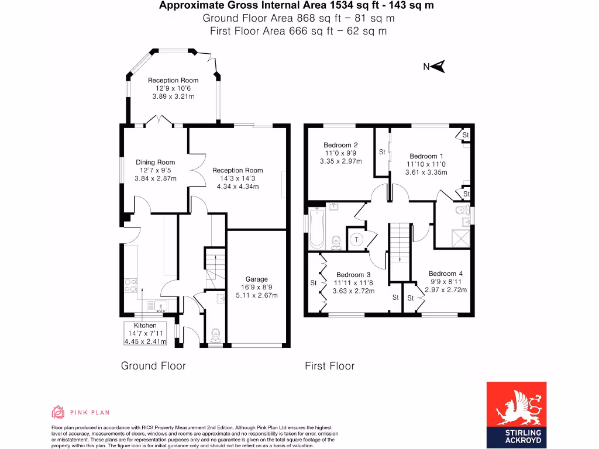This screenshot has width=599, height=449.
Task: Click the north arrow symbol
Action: click(x=437, y=67)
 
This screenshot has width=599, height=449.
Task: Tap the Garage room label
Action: click(x=256, y=279)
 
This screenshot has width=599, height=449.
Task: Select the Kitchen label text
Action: click(x=145, y=325)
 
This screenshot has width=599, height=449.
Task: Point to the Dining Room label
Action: click(x=155, y=163)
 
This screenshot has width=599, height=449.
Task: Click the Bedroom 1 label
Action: click(x=426, y=156)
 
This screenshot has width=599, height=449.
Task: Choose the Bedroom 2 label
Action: click(x=340, y=145)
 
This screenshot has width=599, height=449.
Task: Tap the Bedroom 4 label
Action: click(x=446, y=274)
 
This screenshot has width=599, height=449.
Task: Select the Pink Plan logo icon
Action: click(x=58, y=412)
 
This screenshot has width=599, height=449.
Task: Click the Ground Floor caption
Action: click(x=153, y=366)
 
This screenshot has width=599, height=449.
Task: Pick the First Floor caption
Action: click(x=329, y=366)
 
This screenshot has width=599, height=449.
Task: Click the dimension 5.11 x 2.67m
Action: click(x=256, y=295)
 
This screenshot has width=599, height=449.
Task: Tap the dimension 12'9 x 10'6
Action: click(x=173, y=88)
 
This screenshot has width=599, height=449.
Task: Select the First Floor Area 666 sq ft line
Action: click(x=298, y=31)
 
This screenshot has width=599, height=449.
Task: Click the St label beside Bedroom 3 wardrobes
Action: click(x=313, y=283)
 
